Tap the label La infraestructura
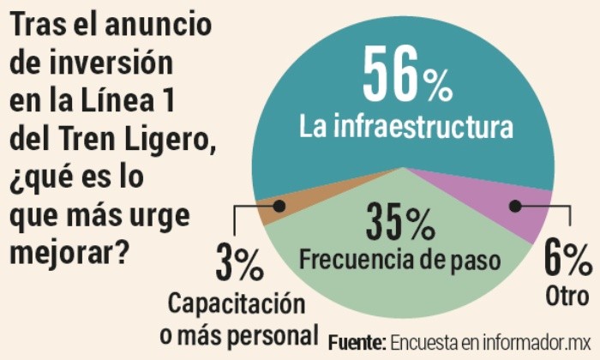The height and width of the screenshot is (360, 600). pyautogui.click(x=406, y=129)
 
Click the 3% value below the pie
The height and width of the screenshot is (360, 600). pyautogui.click(x=239, y=264)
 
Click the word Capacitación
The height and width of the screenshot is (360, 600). pyautogui.click(x=236, y=303)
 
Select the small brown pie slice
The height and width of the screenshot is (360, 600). pyautogui.click(x=272, y=210)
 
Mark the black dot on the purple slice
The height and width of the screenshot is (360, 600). pyautogui.click(x=514, y=206)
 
